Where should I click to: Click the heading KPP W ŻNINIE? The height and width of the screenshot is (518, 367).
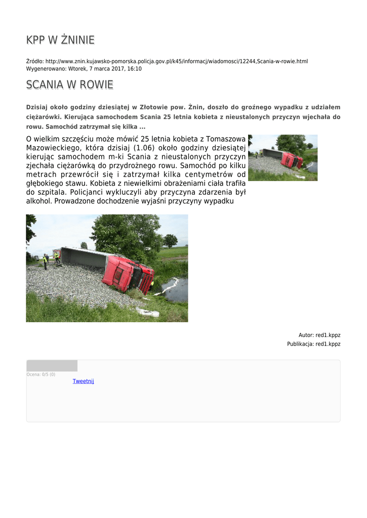[x=60, y=40]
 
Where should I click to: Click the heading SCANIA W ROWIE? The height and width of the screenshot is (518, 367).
[x=69, y=85]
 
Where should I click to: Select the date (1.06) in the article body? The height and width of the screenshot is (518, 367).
[x=144, y=148]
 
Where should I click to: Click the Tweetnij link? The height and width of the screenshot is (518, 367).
[x=83, y=381]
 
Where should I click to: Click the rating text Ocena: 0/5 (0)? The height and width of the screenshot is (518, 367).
[x=41, y=374]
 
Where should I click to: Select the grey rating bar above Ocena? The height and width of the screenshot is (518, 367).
[x=52, y=366]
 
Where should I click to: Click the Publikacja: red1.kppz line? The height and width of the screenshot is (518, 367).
[x=313, y=344]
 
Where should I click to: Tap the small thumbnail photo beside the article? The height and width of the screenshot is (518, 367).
[x=282, y=157]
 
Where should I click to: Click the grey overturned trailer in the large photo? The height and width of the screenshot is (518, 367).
[x=84, y=257]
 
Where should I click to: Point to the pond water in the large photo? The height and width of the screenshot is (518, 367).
[x=175, y=291]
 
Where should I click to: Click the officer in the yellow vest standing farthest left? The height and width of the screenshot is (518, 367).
[x=45, y=261]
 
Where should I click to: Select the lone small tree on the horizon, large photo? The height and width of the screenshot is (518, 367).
[x=170, y=240]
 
